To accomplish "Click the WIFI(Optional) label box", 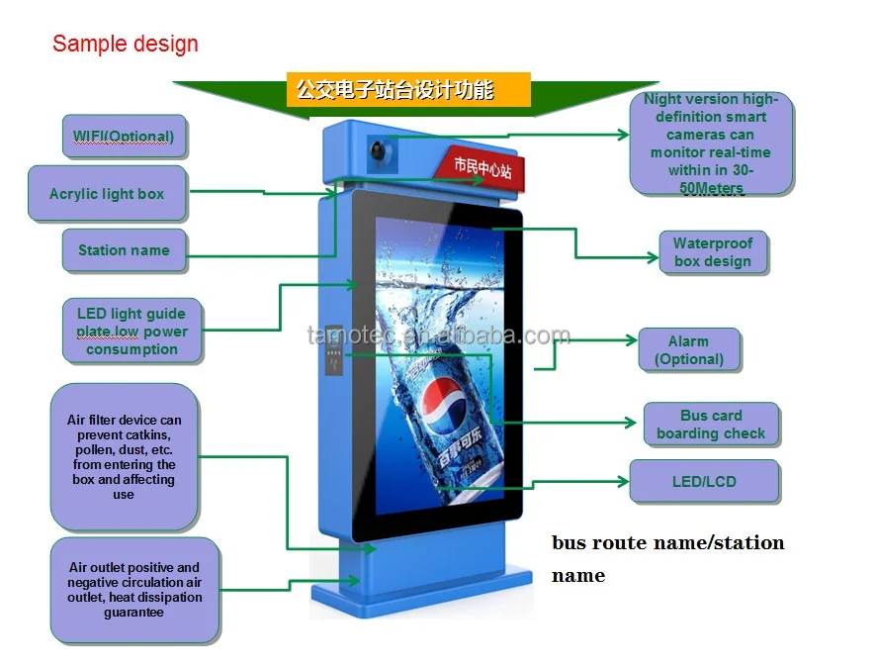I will coord(124,136).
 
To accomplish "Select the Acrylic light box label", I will coord(107,193).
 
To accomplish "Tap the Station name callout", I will coord(124,250).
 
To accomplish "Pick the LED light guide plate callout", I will coord(131,332).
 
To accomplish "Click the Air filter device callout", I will coord(124,457).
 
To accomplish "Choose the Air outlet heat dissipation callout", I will coord(134,590).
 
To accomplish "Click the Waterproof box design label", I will coord(713,252).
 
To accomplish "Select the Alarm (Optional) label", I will coord(688,350).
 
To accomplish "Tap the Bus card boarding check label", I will coord(710,425).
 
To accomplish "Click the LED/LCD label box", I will coord(703,482).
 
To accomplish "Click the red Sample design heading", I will coord(126,44).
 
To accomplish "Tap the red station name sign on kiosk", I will coord(482,166).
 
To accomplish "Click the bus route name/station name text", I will coord(667,558).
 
